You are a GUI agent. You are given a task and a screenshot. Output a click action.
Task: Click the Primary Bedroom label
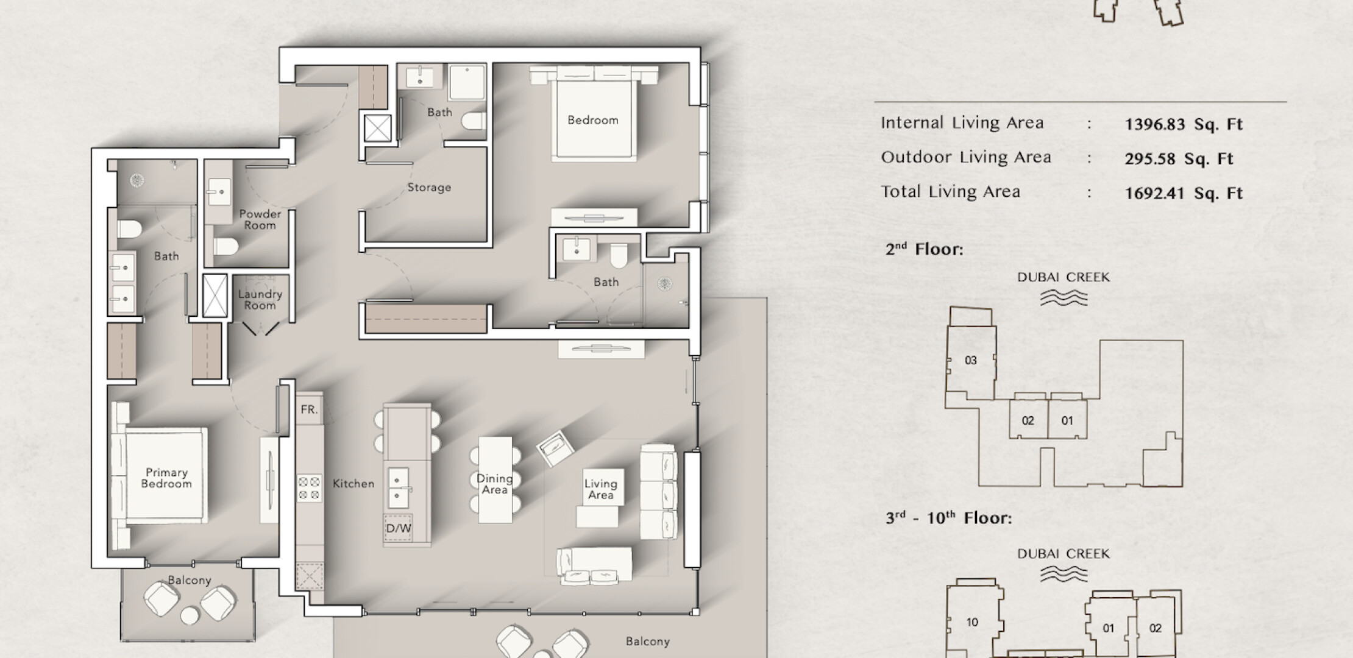(166, 478)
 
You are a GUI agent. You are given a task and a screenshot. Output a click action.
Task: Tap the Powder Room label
(260, 219)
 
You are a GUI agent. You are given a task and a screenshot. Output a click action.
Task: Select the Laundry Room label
(260, 300)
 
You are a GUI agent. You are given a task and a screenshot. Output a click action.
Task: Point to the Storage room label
(430, 187)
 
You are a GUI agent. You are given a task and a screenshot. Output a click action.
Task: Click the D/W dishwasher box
(399, 529)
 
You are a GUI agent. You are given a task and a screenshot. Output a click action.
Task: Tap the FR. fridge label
(310, 409)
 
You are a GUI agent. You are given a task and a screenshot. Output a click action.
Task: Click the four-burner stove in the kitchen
(310, 489)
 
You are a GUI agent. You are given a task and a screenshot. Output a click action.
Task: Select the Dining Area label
(495, 484)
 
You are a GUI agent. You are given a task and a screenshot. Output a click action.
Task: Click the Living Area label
(601, 489)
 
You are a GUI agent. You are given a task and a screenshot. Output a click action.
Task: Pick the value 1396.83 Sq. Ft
(1184, 124)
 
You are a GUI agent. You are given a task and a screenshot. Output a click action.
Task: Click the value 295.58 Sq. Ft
(1179, 159)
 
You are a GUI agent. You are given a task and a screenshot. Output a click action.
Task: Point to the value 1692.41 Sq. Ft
(1184, 193)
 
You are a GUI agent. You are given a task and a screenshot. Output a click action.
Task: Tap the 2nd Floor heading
(925, 249)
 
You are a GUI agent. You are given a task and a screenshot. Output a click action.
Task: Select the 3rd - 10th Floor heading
(948, 518)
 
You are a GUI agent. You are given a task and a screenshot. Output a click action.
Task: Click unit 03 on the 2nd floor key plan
(971, 361)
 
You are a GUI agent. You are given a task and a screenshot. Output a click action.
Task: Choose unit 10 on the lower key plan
(972, 622)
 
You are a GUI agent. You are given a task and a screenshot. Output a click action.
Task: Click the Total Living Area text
(951, 192)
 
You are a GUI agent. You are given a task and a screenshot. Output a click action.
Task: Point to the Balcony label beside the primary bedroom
(190, 580)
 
